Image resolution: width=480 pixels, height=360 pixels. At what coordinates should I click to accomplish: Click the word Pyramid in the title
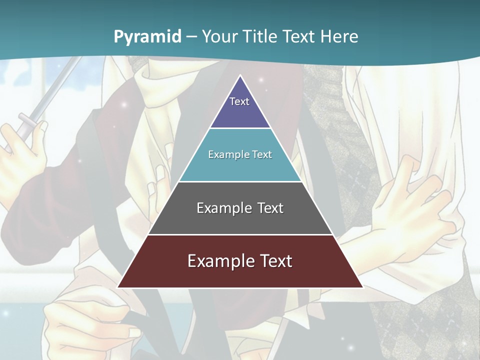(147, 36)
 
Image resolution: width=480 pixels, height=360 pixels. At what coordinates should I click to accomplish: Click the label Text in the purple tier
(239, 101)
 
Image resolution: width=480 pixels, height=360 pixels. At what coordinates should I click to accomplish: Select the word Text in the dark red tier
(274, 261)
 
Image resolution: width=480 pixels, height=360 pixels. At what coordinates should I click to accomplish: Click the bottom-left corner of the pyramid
(118, 287)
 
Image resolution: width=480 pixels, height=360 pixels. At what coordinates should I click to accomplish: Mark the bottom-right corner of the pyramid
(362, 287)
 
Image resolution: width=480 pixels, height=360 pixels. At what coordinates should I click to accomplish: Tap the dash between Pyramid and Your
(191, 37)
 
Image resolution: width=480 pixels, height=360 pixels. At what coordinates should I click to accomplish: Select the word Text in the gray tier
(270, 208)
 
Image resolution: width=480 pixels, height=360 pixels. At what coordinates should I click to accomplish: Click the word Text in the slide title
(299, 36)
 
